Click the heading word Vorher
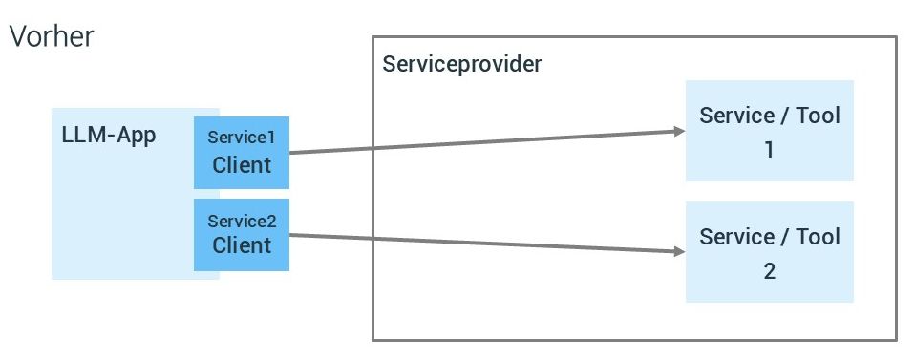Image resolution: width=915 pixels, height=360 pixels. click(x=51, y=37)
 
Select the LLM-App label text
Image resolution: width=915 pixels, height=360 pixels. click(x=108, y=135)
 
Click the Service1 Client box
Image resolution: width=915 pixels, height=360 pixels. click(x=241, y=152)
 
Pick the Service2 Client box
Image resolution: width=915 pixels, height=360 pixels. click(x=241, y=234)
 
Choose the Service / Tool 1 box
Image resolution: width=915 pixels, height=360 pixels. click(x=769, y=131)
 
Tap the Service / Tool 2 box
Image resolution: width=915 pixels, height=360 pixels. click(x=769, y=252)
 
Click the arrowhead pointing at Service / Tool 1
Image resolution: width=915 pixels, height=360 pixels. click(x=680, y=132)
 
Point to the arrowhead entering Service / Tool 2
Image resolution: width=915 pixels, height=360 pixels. click(x=680, y=252)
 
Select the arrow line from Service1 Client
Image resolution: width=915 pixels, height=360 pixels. click(x=478, y=141)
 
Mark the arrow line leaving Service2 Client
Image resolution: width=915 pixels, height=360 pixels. click(x=478, y=244)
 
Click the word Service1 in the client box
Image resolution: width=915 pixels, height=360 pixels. click(x=242, y=138)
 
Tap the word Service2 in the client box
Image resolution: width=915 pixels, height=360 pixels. click(x=242, y=221)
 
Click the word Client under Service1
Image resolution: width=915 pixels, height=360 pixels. click(x=242, y=165)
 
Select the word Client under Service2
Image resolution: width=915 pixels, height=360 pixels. click(x=242, y=245)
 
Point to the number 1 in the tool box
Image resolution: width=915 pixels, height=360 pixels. click(x=769, y=150)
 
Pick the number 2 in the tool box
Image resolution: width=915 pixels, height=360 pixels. click(x=769, y=271)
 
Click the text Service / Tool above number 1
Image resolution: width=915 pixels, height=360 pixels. click(x=769, y=116)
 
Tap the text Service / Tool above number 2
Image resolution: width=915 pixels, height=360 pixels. click(x=769, y=236)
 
